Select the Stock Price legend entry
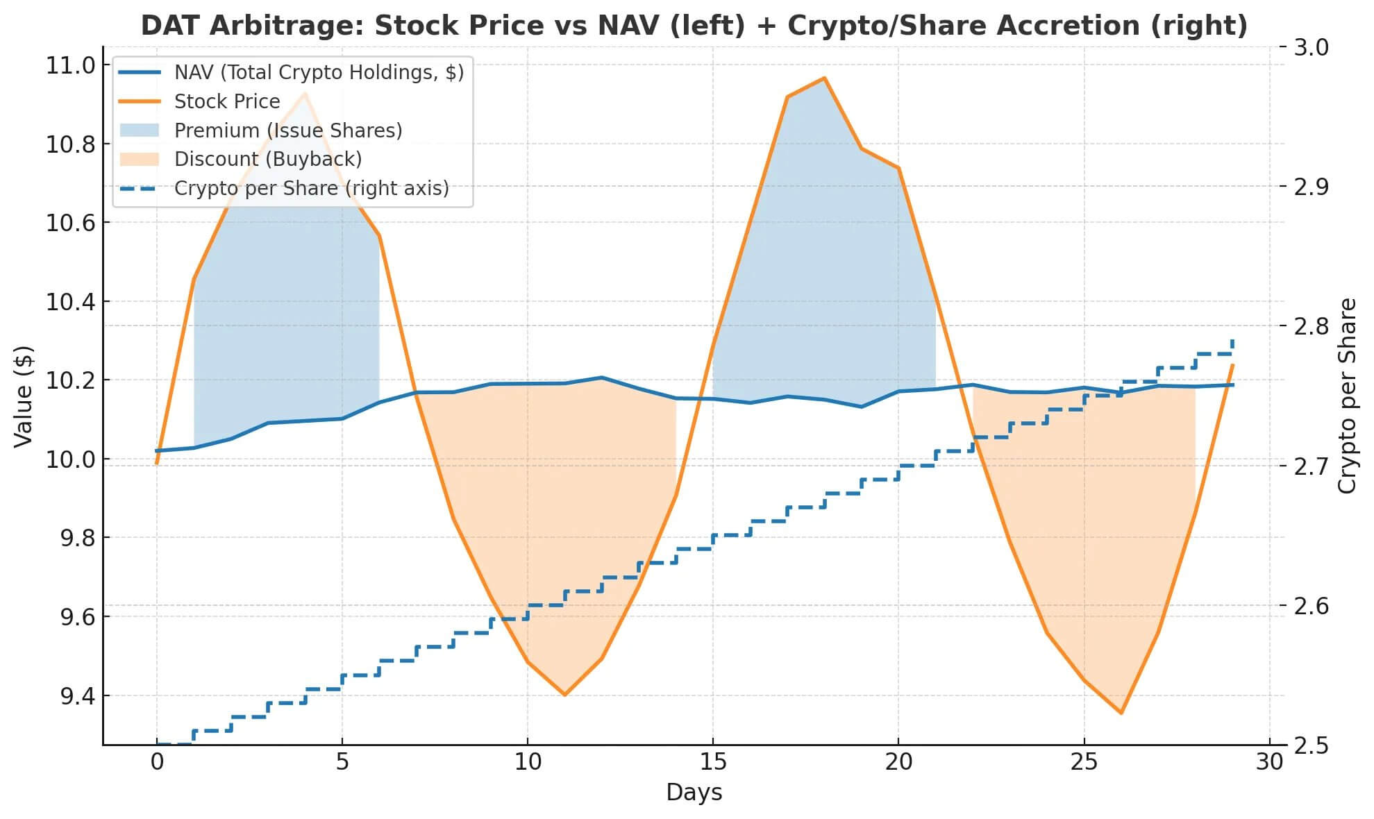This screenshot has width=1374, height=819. (227, 101)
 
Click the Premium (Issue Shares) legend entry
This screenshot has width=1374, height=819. (288, 130)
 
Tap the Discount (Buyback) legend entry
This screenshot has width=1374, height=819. (268, 159)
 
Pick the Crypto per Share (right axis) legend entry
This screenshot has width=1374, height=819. (311, 188)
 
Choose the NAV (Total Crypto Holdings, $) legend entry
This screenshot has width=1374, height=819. (319, 72)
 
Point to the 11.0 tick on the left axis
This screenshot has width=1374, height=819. (70, 65)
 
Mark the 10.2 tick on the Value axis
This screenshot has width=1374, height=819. (70, 380)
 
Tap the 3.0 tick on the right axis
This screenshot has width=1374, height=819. (1312, 47)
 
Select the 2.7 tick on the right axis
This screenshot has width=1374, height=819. (1312, 466)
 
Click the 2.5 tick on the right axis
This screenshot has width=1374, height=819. (1312, 745)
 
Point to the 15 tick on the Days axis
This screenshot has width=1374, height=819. (713, 762)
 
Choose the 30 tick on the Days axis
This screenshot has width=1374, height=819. (1269, 762)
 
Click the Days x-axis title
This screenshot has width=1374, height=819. (694, 793)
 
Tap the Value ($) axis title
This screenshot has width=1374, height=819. (24, 396)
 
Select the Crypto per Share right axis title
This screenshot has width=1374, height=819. (1347, 396)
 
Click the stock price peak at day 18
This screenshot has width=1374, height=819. (824, 78)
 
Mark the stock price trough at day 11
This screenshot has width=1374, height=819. (564, 695)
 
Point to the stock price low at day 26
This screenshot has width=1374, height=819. (1121, 713)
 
